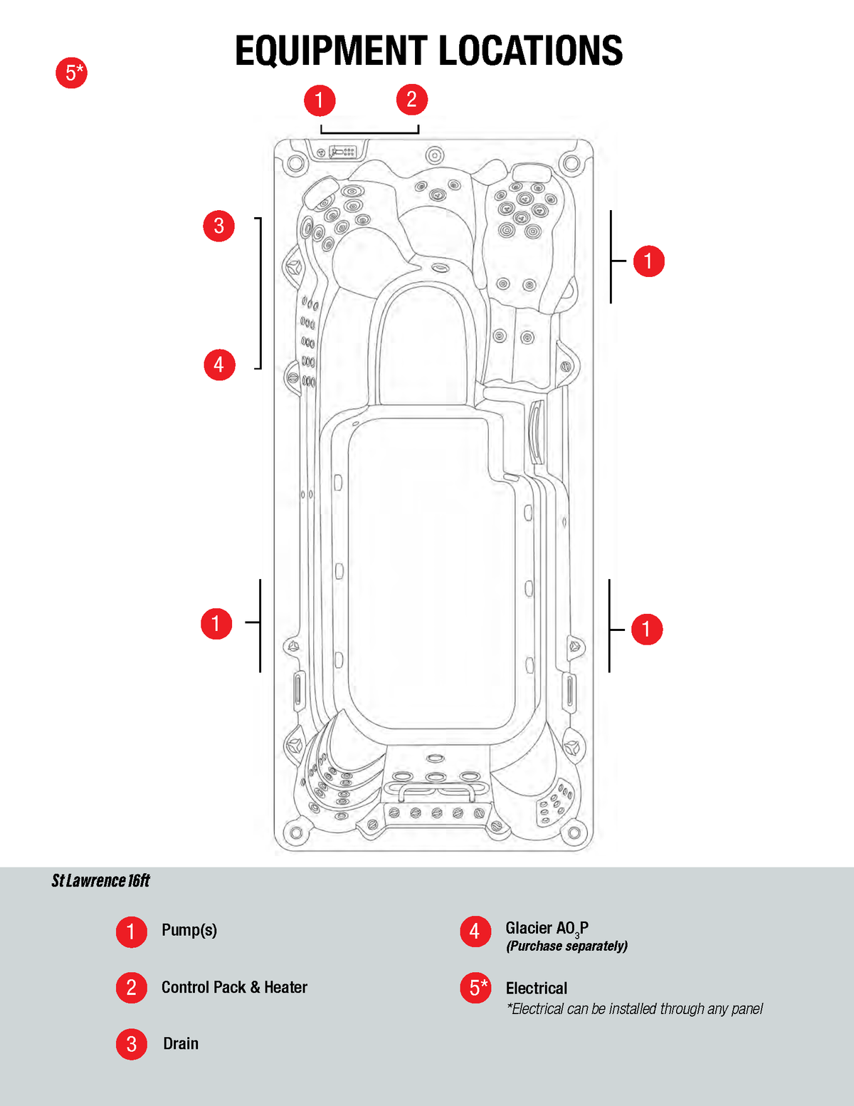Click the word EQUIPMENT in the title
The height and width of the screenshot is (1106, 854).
click(x=330, y=51)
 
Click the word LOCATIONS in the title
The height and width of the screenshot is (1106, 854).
click(x=530, y=51)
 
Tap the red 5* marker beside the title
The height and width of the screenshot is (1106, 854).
click(x=71, y=73)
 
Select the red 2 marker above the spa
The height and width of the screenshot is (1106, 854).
click(x=411, y=99)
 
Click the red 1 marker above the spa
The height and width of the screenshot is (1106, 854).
click(x=320, y=100)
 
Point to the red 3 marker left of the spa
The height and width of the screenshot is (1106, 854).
click(x=218, y=226)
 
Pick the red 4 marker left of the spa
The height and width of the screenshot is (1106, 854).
click(x=219, y=365)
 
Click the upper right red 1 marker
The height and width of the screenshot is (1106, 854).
click(x=648, y=261)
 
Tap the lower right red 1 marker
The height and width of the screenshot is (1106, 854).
click(x=646, y=629)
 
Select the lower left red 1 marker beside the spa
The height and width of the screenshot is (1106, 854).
click(x=216, y=624)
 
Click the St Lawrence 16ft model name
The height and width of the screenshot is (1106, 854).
click(x=100, y=881)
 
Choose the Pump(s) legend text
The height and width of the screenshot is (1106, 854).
click(x=189, y=930)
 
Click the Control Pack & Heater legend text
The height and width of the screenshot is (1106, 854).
click(x=234, y=987)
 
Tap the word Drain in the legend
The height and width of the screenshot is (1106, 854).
click(x=181, y=1043)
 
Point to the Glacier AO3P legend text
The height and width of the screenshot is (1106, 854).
click(x=547, y=928)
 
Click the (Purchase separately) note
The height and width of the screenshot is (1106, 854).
click(x=566, y=946)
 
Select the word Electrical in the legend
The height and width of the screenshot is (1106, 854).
click(x=537, y=988)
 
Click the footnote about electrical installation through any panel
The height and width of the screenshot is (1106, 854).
click(x=634, y=1008)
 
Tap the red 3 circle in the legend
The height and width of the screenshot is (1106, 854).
click(x=132, y=1044)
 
